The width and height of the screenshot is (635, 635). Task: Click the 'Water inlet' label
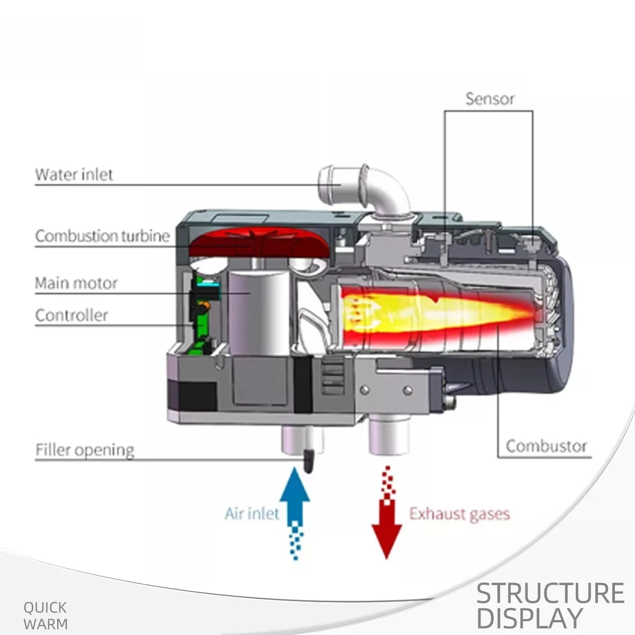coord(74,175)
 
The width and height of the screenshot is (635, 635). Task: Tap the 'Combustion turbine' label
coord(103,236)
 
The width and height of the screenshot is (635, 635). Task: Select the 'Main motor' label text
coord(76,283)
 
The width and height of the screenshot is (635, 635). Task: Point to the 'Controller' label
coord(71,315)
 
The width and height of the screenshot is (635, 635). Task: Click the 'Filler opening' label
coord(85,450)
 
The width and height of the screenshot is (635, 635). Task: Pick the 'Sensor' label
coord(489,99)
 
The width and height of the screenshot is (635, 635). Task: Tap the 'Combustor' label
coord(546,447)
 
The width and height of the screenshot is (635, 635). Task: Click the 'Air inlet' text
coord(252,514)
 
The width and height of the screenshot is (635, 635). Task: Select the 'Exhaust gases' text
coord(459,514)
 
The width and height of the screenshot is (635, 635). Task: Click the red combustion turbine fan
coord(260,242)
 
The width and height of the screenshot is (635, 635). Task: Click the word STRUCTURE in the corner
coord(550,593)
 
